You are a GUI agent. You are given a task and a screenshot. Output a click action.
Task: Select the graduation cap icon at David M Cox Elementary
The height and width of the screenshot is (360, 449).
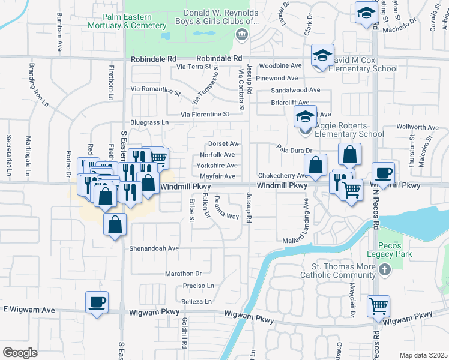(x=322, y=56)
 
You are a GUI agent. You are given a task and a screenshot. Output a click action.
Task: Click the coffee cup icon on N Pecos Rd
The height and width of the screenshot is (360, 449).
(x=384, y=173)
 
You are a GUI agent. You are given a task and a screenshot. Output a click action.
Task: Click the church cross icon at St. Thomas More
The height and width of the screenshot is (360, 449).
(x=384, y=271)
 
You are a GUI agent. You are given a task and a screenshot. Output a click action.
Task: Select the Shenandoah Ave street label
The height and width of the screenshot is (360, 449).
(x=154, y=248)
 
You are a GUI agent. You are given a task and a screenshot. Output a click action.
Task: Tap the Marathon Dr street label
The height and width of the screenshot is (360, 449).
(x=184, y=274)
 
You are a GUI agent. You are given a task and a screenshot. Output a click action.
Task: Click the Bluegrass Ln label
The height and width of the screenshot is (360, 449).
(x=149, y=122)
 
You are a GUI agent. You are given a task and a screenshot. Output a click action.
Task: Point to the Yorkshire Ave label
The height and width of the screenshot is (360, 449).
(x=217, y=166)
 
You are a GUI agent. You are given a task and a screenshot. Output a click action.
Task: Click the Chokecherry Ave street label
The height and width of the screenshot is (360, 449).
(x=282, y=176)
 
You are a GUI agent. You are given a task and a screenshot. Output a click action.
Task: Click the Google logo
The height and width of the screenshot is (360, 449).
(x=20, y=352)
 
